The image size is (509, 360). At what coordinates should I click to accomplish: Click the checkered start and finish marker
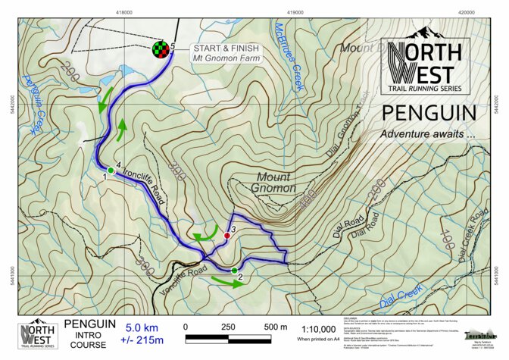tap(159, 51)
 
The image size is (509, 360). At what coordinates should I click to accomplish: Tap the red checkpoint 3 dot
tap(226, 236)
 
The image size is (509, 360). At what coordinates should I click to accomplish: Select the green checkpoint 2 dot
tap(234, 271)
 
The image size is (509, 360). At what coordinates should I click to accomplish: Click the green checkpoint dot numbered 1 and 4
tap(111, 171)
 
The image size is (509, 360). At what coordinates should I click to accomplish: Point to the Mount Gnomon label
tap(270, 183)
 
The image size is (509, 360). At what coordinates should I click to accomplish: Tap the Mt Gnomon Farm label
tap(225, 58)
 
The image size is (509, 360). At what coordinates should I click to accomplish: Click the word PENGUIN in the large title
tap(429, 114)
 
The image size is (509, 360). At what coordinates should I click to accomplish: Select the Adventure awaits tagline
tap(427, 133)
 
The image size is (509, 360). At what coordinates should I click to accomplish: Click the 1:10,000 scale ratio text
tap(319, 327)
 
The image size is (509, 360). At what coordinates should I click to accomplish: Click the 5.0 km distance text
tap(142, 327)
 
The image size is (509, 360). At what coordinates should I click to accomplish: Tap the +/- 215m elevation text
tap(142, 340)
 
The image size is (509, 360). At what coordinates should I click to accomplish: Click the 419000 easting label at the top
tap(297, 12)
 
